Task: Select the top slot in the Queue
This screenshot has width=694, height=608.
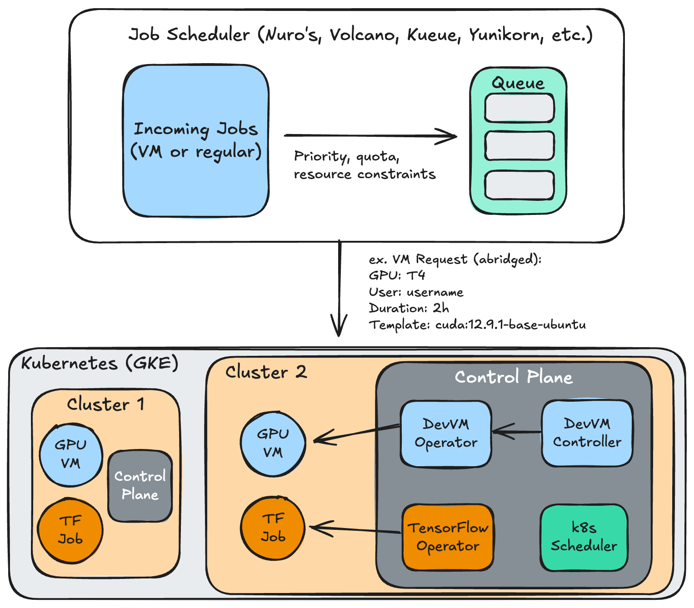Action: coord(519,108)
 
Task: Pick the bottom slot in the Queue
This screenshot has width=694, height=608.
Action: coord(519,185)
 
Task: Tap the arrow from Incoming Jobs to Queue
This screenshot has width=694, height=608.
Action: coord(370,135)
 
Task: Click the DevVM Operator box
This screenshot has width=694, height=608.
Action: coord(445,434)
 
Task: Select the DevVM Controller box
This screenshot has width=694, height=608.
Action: coord(587,433)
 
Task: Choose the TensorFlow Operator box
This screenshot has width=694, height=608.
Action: coord(448,537)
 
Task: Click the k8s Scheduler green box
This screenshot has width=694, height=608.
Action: coord(584,537)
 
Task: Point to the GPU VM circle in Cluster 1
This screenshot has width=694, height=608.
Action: coord(70,454)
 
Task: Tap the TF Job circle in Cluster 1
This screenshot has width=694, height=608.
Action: coord(70,530)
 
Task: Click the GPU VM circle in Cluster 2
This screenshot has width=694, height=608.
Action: coord(273,444)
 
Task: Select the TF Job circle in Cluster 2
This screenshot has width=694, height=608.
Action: coord(273,528)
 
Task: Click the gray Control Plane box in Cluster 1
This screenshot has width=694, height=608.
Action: coord(140,485)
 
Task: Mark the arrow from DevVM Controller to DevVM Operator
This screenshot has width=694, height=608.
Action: coord(517,432)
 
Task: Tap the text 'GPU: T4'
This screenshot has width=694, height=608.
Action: coord(397,275)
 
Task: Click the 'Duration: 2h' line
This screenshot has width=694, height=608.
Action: coord(409,308)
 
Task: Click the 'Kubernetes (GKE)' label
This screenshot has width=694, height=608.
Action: coord(100,363)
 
